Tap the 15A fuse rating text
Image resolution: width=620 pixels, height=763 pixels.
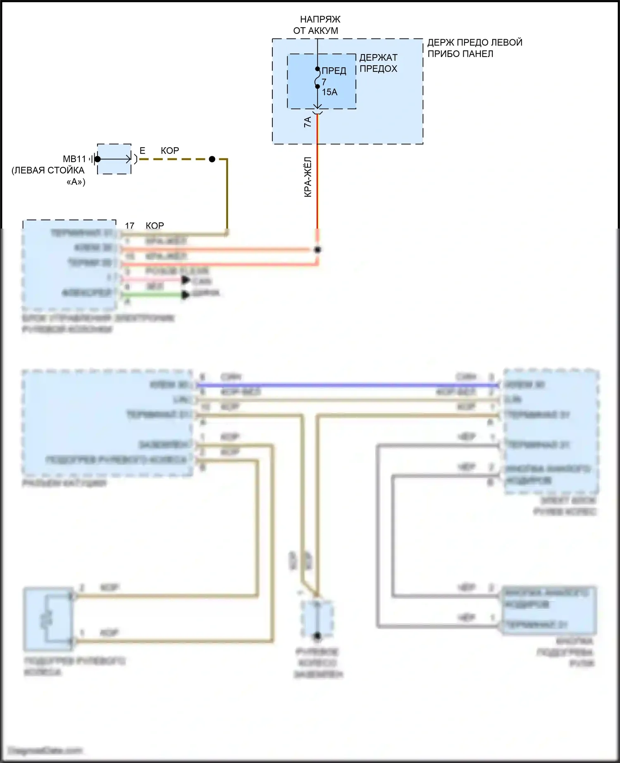(329, 92)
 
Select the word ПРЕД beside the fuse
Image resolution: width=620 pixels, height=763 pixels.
(334, 71)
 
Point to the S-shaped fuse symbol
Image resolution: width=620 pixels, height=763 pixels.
(317, 78)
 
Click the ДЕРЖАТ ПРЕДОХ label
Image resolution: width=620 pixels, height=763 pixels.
(378, 63)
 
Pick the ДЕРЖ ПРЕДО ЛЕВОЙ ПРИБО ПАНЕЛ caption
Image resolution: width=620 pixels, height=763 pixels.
(475, 48)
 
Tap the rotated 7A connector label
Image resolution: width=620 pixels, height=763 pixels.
(308, 122)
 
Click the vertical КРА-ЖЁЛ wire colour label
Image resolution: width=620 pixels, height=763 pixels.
(308, 177)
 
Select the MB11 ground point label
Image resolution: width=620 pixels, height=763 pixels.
(74, 159)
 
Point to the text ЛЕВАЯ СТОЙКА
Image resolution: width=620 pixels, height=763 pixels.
(48, 170)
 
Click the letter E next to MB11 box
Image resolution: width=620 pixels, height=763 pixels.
(143, 151)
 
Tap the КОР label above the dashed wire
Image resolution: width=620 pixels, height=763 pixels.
(170, 151)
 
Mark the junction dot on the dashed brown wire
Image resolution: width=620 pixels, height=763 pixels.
(212, 159)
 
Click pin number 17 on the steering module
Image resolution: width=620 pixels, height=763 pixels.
(130, 226)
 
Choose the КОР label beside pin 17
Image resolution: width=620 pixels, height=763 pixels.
(155, 226)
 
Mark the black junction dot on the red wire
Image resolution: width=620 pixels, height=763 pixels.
(317, 250)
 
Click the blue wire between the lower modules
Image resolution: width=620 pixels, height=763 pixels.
(347, 385)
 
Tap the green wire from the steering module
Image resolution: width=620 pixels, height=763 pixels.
(153, 295)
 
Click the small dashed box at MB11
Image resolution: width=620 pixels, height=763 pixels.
(114, 159)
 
